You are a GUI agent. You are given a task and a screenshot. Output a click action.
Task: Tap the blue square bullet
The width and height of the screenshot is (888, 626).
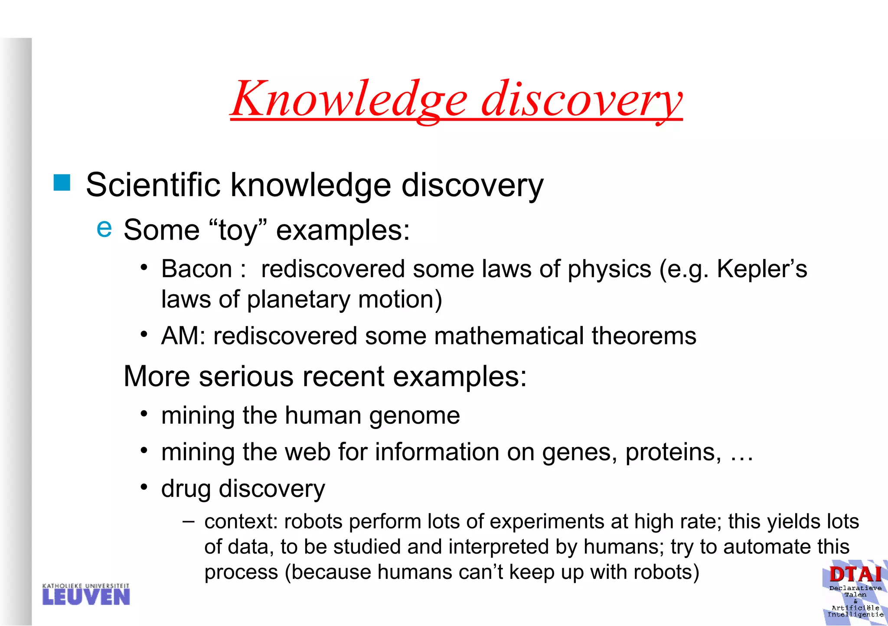coord(62,183)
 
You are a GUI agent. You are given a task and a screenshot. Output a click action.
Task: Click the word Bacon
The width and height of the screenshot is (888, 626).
coord(197,269)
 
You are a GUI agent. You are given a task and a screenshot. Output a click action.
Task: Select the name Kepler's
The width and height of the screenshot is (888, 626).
coord(762,269)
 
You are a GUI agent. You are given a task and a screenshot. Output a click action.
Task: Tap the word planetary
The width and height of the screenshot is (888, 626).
coord(298,299)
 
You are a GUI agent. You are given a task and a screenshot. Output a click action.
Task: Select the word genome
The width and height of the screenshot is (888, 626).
coord(414,416)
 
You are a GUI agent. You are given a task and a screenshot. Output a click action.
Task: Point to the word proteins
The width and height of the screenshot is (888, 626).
coord(673,452)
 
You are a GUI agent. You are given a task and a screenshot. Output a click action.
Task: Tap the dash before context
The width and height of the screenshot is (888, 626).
coord(189,521)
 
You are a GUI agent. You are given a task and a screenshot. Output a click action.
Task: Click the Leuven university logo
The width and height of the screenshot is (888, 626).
coord(86,595)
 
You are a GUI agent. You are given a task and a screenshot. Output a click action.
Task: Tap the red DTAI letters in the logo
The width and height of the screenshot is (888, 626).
coord(855,574)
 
